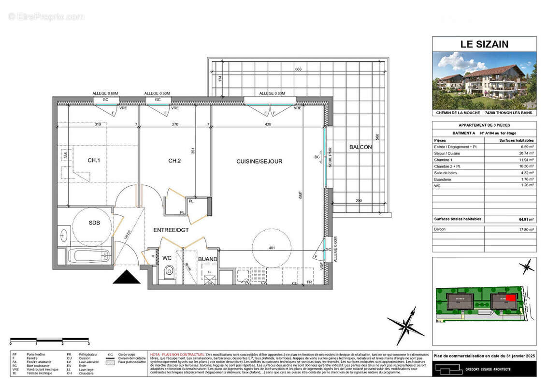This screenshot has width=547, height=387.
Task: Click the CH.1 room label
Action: pyautogui.click(x=93, y=161)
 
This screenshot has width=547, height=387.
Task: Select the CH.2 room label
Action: pyautogui.click(x=174, y=161)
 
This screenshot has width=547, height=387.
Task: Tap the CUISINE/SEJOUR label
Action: pyautogui.click(x=259, y=161)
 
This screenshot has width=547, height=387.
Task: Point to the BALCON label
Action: pyautogui.click(x=360, y=147)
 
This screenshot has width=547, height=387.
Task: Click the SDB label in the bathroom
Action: pyautogui.click(x=95, y=223)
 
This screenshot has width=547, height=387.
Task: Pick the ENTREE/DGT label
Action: pyautogui.click(x=171, y=230)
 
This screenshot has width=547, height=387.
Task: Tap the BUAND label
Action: pyautogui.click(x=208, y=259)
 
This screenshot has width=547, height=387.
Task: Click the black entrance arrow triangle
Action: pyautogui.click(x=127, y=277)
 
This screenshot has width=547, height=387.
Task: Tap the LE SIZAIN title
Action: pyautogui.click(x=484, y=45)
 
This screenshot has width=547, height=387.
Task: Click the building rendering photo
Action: pyautogui.click(x=484, y=80)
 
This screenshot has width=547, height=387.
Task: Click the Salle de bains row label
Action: pyautogui.click(x=447, y=172)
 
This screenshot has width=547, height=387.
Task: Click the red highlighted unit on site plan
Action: pyautogui.click(x=511, y=298)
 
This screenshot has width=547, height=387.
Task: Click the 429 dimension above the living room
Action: pyautogui.click(x=268, y=124)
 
